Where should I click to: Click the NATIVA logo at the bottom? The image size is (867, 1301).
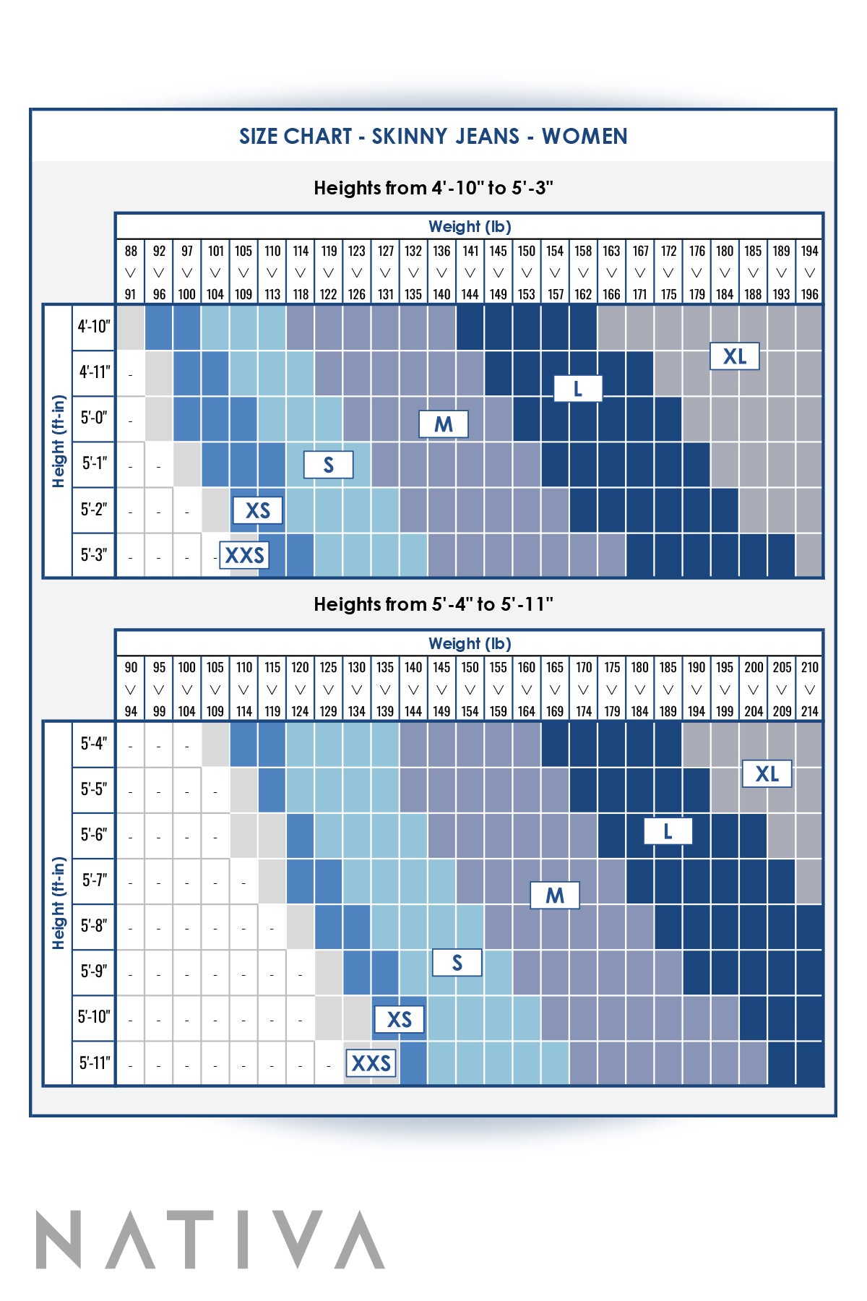210,1240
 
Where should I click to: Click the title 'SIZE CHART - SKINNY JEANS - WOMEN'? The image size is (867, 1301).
433,136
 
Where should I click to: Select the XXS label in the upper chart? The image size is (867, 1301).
244,555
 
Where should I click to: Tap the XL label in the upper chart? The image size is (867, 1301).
734,356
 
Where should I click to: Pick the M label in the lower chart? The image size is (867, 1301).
554,896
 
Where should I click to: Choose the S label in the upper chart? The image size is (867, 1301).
328,465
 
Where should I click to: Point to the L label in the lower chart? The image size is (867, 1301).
668,831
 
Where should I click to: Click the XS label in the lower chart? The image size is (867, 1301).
399,1019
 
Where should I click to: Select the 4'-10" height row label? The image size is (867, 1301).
94,327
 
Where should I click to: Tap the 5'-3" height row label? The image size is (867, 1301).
94,555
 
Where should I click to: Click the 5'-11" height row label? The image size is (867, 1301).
94,1062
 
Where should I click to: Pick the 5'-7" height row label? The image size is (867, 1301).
94,880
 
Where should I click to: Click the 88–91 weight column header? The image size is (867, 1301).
130,272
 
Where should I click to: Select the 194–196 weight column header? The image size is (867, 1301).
809,272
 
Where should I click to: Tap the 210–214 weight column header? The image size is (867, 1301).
809,689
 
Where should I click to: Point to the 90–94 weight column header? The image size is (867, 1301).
130,689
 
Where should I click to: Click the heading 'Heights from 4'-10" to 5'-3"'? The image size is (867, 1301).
433,188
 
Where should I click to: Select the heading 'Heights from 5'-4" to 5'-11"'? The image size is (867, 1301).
433,604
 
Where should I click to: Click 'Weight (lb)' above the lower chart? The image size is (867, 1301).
470,643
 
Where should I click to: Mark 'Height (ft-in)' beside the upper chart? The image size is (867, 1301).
59,441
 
